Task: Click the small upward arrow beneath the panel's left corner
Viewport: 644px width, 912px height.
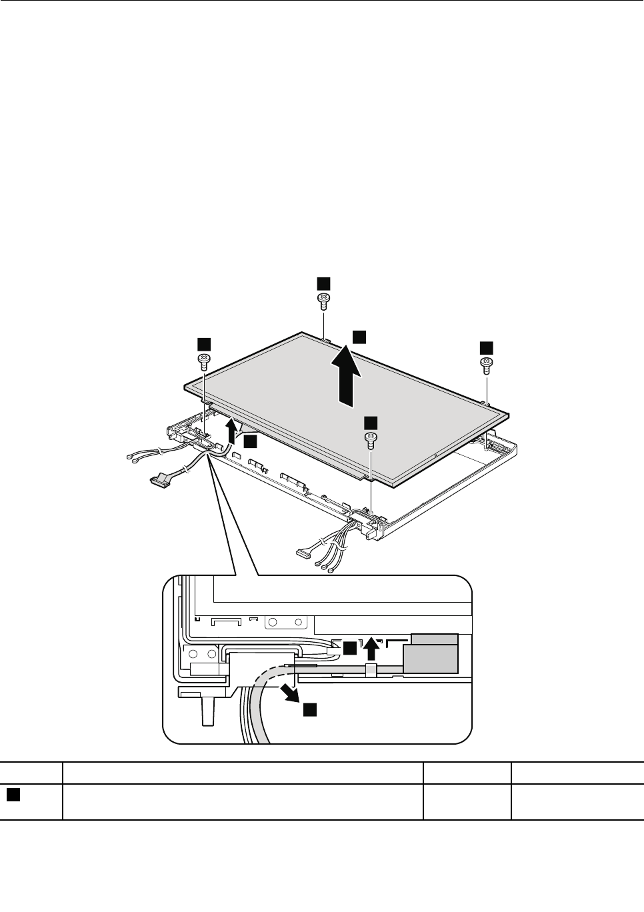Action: click(x=231, y=430)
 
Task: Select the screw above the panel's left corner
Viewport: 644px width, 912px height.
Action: click(x=203, y=361)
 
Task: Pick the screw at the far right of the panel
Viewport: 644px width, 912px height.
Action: click(x=486, y=364)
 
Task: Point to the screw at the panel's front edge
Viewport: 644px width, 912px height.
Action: click(x=370, y=438)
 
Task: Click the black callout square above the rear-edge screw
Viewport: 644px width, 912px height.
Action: click(x=323, y=282)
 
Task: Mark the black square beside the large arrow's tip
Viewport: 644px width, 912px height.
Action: click(x=359, y=337)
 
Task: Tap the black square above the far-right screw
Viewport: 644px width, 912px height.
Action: click(x=486, y=347)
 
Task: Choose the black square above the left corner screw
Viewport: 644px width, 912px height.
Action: click(x=203, y=343)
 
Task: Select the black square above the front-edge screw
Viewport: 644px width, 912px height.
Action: click(x=370, y=422)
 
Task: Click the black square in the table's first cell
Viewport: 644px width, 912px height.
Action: click(x=12, y=793)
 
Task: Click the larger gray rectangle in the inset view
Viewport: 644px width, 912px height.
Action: click(x=430, y=658)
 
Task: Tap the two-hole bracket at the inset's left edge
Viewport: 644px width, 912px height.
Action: click(x=201, y=655)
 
